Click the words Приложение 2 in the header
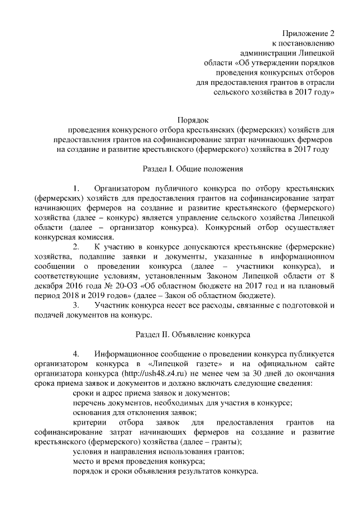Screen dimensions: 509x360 coord(309,33)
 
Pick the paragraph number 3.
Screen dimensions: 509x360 coord(76,305)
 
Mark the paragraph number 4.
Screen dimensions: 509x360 coord(76,354)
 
